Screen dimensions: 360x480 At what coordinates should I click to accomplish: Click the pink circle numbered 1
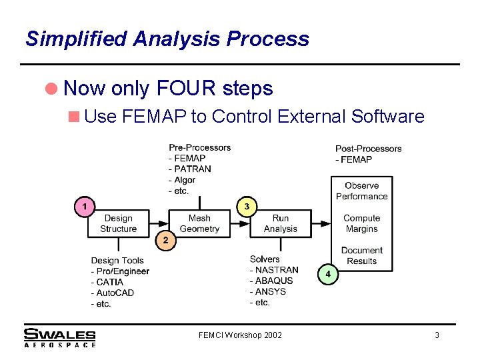(x=84, y=207)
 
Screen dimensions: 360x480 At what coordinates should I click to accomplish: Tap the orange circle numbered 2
(x=166, y=240)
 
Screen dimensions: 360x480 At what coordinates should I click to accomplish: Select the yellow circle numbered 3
(x=247, y=207)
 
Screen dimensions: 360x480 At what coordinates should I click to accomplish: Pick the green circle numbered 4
(x=327, y=273)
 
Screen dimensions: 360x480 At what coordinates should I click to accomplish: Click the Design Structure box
(x=118, y=223)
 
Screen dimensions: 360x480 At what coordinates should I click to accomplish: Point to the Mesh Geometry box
(x=199, y=223)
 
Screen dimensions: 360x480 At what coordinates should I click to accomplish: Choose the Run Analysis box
(x=280, y=223)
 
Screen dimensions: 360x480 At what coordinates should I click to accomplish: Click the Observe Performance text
(x=362, y=191)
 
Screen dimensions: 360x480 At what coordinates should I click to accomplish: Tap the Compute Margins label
(x=362, y=223)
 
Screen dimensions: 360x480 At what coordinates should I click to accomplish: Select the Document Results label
(x=362, y=256)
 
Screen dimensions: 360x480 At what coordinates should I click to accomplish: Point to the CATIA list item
(x=110, y=282)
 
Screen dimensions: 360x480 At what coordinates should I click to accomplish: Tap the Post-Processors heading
(x=369, y=149)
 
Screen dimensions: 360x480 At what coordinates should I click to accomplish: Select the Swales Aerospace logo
(x=60, y=337)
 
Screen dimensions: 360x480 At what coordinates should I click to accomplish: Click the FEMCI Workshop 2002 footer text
(x=240, y=335)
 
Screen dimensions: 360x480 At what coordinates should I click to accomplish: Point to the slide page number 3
(x=437, y=335)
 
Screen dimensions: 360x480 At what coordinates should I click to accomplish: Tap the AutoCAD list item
(x=115, y=293)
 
